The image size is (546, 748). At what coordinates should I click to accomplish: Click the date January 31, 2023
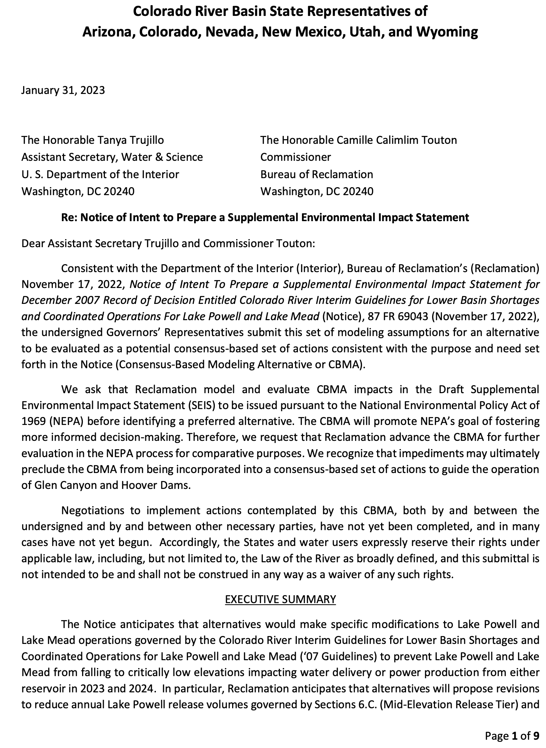point(63,90)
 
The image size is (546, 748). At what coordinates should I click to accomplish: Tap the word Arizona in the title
point(107,32)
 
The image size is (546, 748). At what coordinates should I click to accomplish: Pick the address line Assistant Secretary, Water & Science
point(112,157)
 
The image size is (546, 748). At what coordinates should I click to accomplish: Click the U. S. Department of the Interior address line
point(100,174)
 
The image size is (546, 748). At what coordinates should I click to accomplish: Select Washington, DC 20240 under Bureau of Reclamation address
point(317,191)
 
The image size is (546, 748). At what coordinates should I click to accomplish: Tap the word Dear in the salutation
point(33,244)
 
